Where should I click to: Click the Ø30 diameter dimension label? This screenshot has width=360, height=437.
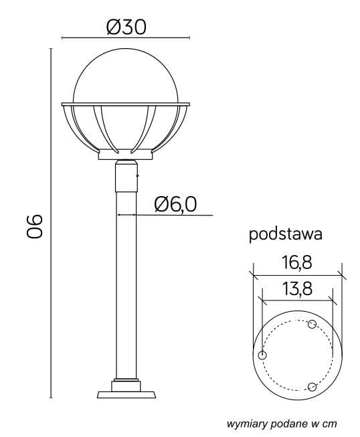coord(126,26)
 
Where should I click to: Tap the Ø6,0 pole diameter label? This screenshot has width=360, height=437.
coord(175,203)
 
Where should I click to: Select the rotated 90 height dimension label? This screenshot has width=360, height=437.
coord(34,226)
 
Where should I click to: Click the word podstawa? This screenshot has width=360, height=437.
coord(286,234)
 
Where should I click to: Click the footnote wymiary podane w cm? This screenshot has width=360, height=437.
coord(281,423)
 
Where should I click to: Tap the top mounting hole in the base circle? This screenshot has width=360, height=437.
coord(311,325)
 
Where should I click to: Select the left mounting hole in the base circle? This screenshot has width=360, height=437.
coord(262,355)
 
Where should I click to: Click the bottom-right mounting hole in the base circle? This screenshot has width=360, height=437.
coord(311,386)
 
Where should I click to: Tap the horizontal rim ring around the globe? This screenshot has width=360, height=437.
coord(126,104)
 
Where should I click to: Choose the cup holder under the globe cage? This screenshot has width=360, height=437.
coord(126,156)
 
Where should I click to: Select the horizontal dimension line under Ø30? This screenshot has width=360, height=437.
coord(126,38)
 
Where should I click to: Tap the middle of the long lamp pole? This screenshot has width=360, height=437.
coord(126,281)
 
